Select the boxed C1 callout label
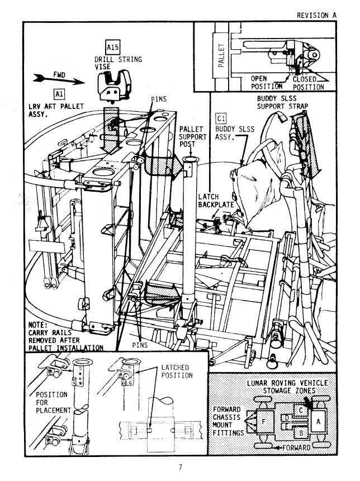point(220,118)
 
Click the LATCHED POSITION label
point(176,371)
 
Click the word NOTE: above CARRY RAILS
point(40,325)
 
